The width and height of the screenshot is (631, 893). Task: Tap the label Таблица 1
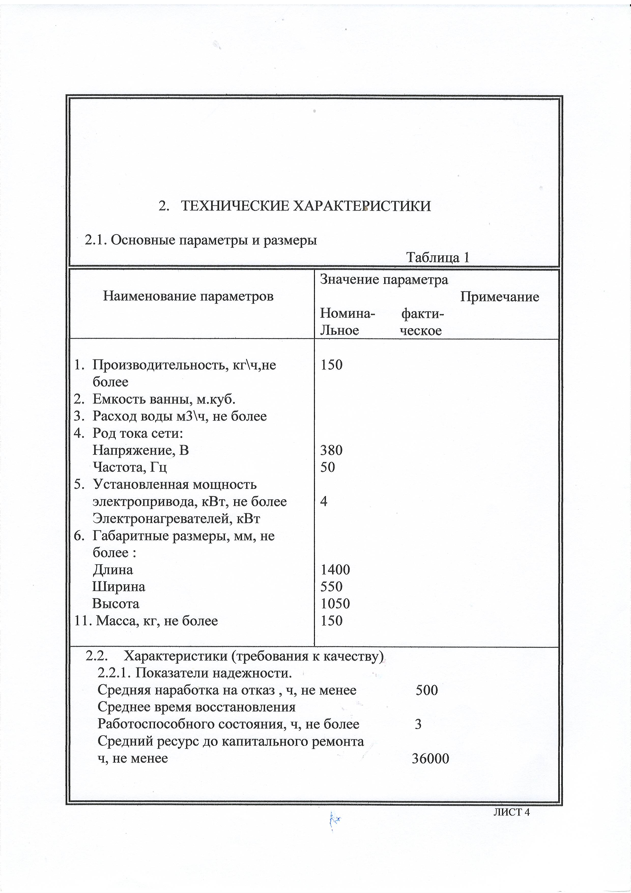tap(438, 257)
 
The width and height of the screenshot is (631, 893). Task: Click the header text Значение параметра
tap(384, 280)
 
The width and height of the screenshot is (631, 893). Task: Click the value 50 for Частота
tap(327, 467)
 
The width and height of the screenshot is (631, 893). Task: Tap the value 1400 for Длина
tap(335, 570)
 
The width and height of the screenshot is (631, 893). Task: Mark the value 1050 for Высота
tap(335, 604)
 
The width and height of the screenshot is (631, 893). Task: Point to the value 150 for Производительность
tap(332, 365)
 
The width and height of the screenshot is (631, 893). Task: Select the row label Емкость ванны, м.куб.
tap(164, 399)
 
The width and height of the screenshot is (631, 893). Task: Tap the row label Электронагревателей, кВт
tap(176, 518)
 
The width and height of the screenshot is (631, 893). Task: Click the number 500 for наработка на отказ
tap(427, 690)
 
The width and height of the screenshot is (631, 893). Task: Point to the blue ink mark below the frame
tap(334, 820)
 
